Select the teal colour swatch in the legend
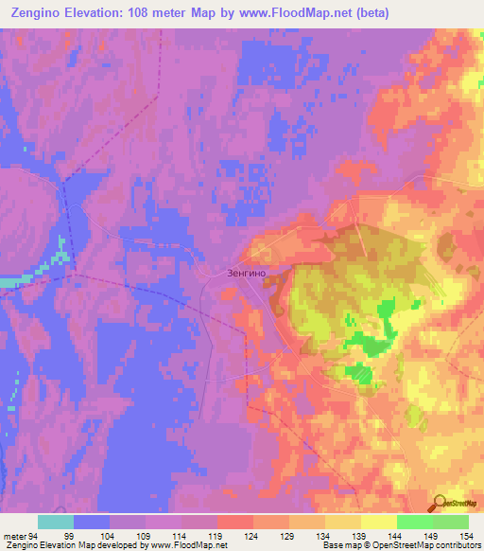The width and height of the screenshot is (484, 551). pyautogui.click(x=56, y=522)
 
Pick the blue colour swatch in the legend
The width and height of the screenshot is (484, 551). pyautogui.click(x=92, y=522)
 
